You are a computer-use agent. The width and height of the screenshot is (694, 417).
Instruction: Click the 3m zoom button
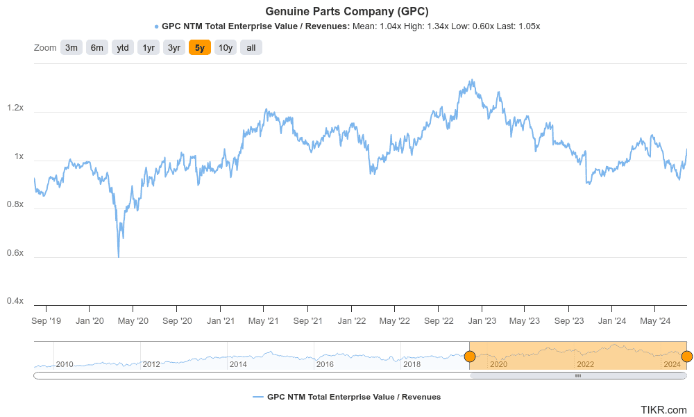71,48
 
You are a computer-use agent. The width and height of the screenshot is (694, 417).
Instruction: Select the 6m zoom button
97,48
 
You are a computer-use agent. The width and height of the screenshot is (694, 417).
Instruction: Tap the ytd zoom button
123,48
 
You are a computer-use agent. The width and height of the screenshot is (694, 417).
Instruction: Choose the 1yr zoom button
149,48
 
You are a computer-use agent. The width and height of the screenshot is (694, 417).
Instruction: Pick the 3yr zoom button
173,48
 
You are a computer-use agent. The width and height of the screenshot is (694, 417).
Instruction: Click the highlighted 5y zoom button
199,48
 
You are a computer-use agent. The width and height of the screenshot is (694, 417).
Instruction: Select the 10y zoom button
226,48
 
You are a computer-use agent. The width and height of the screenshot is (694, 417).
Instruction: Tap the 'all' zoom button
251,48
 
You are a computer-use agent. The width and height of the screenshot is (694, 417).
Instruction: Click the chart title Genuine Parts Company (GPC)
347,12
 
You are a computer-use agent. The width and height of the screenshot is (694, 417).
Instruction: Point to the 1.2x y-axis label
15,108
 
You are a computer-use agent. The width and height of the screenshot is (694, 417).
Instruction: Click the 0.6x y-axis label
15,253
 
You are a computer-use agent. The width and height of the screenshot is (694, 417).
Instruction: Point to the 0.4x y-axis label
15,301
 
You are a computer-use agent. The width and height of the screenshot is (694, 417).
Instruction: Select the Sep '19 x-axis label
46,321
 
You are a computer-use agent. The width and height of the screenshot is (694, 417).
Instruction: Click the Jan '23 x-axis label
482,321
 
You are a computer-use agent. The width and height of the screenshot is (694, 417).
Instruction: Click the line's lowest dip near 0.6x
119,256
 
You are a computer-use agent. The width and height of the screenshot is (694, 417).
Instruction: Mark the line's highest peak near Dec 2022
473,80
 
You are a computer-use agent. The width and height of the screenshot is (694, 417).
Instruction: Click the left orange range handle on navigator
470,357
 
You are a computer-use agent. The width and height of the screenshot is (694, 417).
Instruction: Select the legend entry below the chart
347,397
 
